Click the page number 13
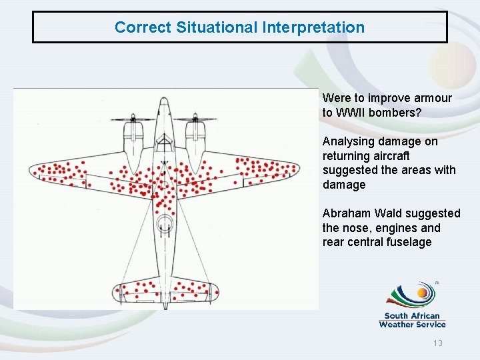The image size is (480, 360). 438,343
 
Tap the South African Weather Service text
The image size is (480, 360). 412,321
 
